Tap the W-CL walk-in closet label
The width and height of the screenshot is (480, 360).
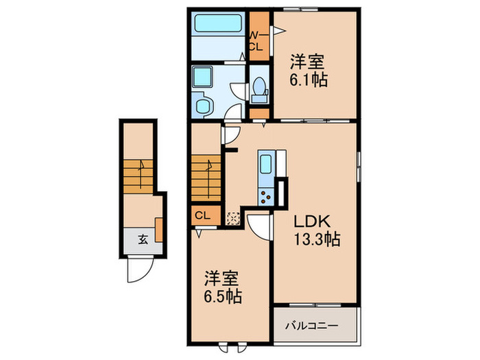click(255, 41)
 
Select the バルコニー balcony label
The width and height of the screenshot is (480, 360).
click(311, 326)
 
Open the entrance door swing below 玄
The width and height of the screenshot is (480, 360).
click(136, 269)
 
